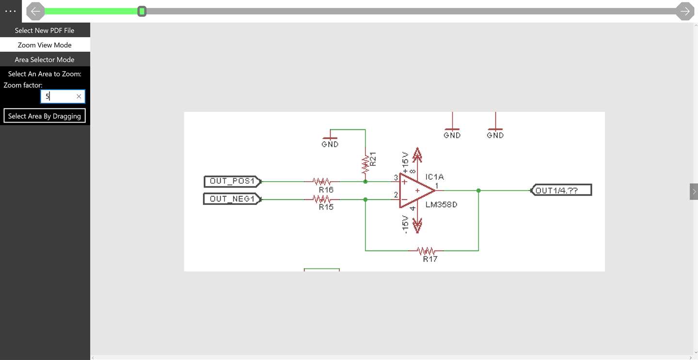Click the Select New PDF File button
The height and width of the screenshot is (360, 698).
point(45,30)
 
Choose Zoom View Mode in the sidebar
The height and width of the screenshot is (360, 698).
point(45,45)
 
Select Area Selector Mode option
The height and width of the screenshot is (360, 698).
point(45,60)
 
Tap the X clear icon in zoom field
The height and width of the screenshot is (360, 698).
point(79,96)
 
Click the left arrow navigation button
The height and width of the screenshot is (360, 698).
point(35,11)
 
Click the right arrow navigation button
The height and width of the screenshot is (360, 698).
point(684,11)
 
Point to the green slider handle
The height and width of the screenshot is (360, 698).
point(142,11)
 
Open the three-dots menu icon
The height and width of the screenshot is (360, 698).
point(11,11)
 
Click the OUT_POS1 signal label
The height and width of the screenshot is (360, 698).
point(233,181)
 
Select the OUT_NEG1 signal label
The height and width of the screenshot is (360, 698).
point(233,199)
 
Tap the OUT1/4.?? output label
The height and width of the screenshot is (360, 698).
point(561,190)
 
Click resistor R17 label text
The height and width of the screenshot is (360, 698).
point(430,259)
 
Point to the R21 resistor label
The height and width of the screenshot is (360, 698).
point(373,159)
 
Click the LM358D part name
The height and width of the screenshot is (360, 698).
point(441,204)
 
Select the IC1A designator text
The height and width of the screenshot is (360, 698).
point(434,177)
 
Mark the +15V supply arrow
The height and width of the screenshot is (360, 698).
point(417,155)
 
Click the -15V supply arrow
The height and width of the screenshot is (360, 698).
point(417,225)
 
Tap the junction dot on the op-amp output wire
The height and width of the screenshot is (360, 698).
point(478,190)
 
